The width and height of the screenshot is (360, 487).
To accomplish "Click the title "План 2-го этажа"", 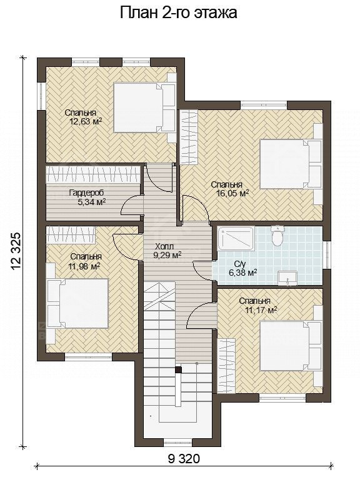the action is coord(179,13).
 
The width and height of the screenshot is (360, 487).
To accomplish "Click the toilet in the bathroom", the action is coord(276,236).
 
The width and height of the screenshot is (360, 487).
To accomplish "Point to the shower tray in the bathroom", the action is coord(236,238).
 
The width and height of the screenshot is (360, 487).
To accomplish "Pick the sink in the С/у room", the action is coord(287,278).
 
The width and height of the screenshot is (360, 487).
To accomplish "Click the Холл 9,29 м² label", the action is coord(167,251).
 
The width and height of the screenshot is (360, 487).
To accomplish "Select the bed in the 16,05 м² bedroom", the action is coord(285,164).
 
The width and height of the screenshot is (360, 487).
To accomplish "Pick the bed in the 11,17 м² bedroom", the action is coord(284,346).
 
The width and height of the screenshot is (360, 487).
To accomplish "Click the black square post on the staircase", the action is coord(178,369).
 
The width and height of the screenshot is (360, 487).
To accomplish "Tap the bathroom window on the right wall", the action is coord(326,255).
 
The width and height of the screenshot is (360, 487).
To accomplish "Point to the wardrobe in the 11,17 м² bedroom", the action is coord(226,366).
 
